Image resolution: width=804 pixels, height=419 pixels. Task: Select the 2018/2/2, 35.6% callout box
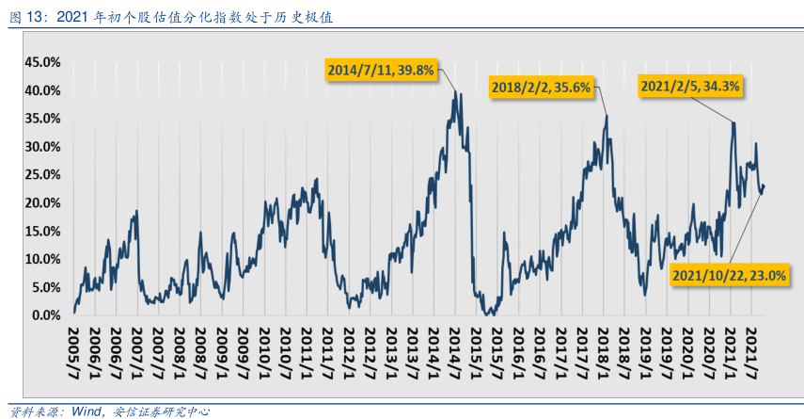pyautogui.click(x=541, y=88)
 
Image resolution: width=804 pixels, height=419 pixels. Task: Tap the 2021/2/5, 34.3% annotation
pyautogui.click(x=690, y=86)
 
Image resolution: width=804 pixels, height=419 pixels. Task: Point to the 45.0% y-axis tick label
pyautogui.click(x=42, y=62)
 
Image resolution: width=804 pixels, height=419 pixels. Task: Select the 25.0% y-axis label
pyautogui.click(x=42, y=175)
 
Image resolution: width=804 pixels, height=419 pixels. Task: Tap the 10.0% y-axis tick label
pyautogui.click(x=42, y=259)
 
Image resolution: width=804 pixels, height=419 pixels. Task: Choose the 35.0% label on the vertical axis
pyautogui.click(x=42, y=119)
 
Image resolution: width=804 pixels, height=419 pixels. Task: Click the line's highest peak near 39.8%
pyautogui.click(x=456, y=92)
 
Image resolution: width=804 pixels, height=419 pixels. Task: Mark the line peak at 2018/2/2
pyautogui.click(x=607, y=116)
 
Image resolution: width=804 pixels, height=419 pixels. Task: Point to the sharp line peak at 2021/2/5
pyautogui.click(x=733, y=122)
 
